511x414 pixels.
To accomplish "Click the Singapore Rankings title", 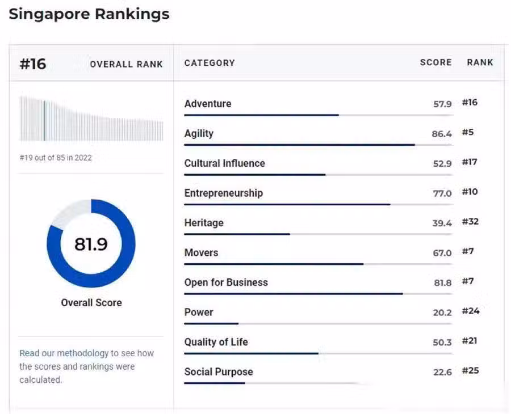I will click(x=89, y=14).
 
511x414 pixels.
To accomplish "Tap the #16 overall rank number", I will click(x=33, y=64).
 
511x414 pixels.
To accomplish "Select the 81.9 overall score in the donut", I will click(x=91, y=244).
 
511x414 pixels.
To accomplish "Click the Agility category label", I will click(x=199, y=133).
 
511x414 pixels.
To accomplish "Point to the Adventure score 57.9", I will click(x=442, y=104).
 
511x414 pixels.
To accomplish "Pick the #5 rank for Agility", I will click(x=468, y=132).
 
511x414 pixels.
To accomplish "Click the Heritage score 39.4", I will click(x=442, y=223).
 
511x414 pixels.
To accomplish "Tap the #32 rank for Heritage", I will click(x=470, y=221).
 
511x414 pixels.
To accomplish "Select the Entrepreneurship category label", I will click(x=223, y=193).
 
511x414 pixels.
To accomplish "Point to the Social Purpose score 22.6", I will click(x=442, y=372).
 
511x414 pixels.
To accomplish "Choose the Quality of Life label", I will click(x=216, y=342).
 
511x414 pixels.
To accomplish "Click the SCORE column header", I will click(x=435, y=62).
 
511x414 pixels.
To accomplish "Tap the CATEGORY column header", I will click(x=210, y=63).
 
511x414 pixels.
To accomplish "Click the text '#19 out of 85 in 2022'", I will click(x=56, y=158).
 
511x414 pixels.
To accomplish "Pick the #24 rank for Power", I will click(x=470, y=311).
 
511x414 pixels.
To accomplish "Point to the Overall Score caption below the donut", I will click(x=91, y=302).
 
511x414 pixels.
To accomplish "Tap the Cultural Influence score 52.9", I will click(x=442, y=164).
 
